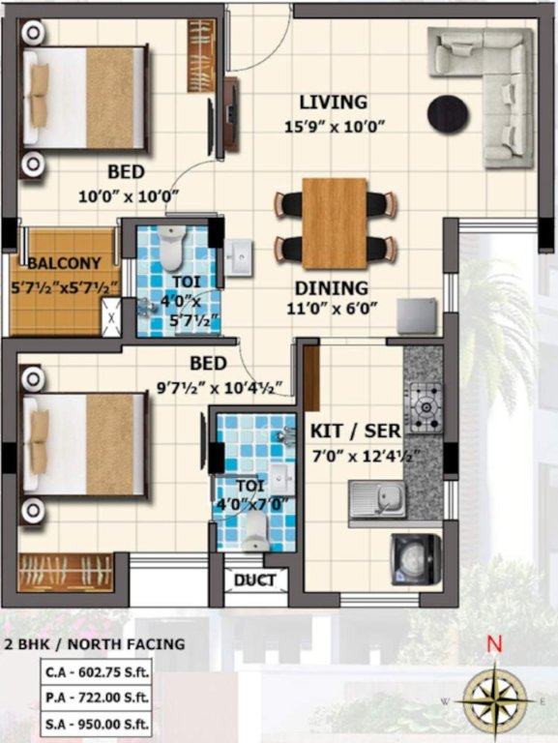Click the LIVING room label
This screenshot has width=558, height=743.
point(333,102)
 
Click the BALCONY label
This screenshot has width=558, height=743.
point(64,263)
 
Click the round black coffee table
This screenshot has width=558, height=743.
point(448,113)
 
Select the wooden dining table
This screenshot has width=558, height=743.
point(335,223)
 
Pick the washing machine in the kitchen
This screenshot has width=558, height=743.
point(415,559)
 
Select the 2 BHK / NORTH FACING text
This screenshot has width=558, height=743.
point(95,643)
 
